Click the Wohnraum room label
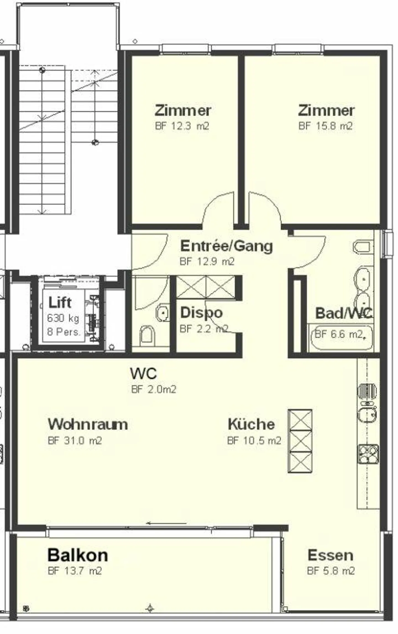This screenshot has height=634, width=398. pos(88,424)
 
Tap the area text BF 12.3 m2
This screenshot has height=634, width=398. pos(182,126)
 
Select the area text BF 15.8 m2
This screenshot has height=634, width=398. pos(325,126)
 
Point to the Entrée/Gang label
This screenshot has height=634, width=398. pos(226,246)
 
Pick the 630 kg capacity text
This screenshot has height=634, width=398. pos(63,318)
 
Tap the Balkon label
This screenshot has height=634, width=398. pos(78,555)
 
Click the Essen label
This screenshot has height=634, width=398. pos(330,556)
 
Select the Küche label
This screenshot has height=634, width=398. pos(251,424)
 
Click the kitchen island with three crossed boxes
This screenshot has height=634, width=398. pos(300,441)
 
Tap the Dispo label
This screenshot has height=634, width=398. pos(201,313)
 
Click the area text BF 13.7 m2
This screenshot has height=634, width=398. pos(75,571)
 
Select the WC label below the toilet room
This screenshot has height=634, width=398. pos(143,374)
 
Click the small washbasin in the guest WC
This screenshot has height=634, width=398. pos(163,313)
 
